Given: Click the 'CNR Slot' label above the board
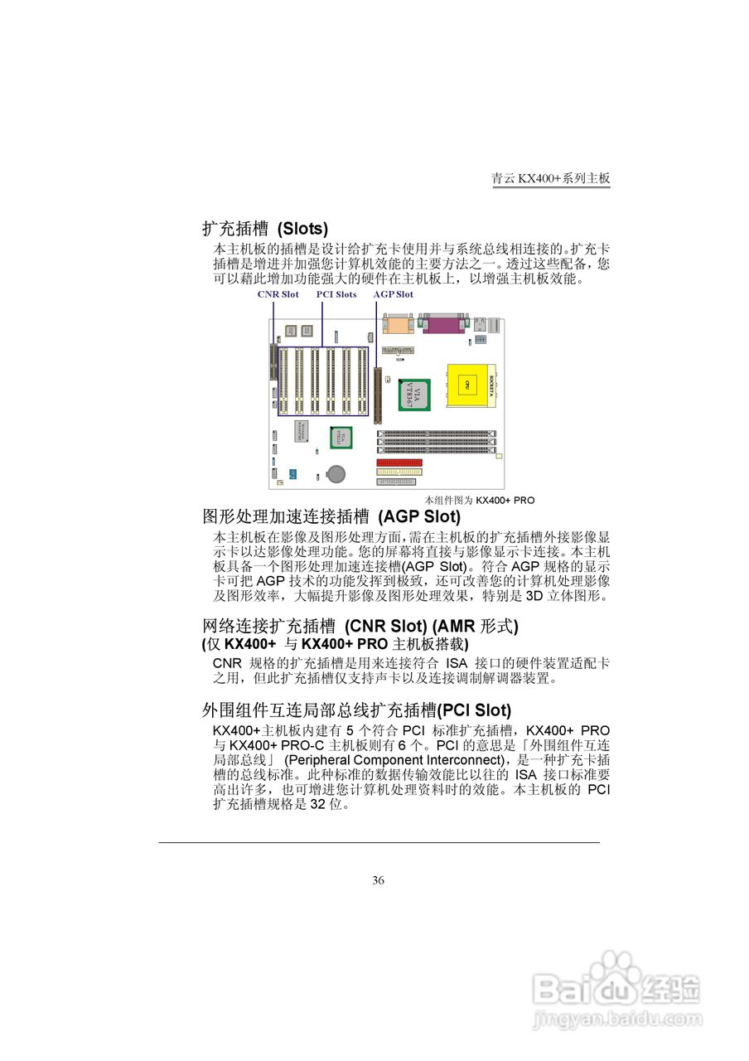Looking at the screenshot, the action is [x=278, y=294].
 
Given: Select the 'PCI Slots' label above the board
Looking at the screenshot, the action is [x=336, y=294].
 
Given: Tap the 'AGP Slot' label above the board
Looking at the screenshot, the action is [x=393, y=294].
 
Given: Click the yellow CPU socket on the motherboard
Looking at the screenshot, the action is [x=469, y=385].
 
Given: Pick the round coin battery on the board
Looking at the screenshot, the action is [x=336, y=473].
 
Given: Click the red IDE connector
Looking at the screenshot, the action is [x=399, y=463].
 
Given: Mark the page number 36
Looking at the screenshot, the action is [x=378, y=880].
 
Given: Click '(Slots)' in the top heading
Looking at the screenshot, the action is [x=302, y=229].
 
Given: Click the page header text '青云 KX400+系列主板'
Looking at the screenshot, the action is [x=551, y=178].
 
